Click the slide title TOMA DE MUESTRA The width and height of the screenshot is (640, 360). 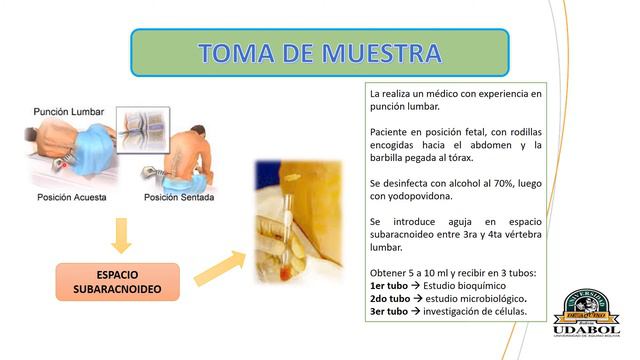pyautogui.click(x=320, y=53)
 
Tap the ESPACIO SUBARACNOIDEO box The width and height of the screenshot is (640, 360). pyautogui.click(x=118, y=283)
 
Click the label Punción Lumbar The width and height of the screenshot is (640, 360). pyautogui.click(x=69, y=111)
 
